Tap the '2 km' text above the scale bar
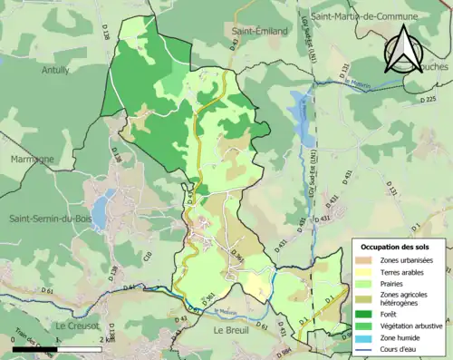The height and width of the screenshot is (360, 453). tap(101, 340)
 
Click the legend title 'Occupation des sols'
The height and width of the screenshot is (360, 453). tap(399, 247)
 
